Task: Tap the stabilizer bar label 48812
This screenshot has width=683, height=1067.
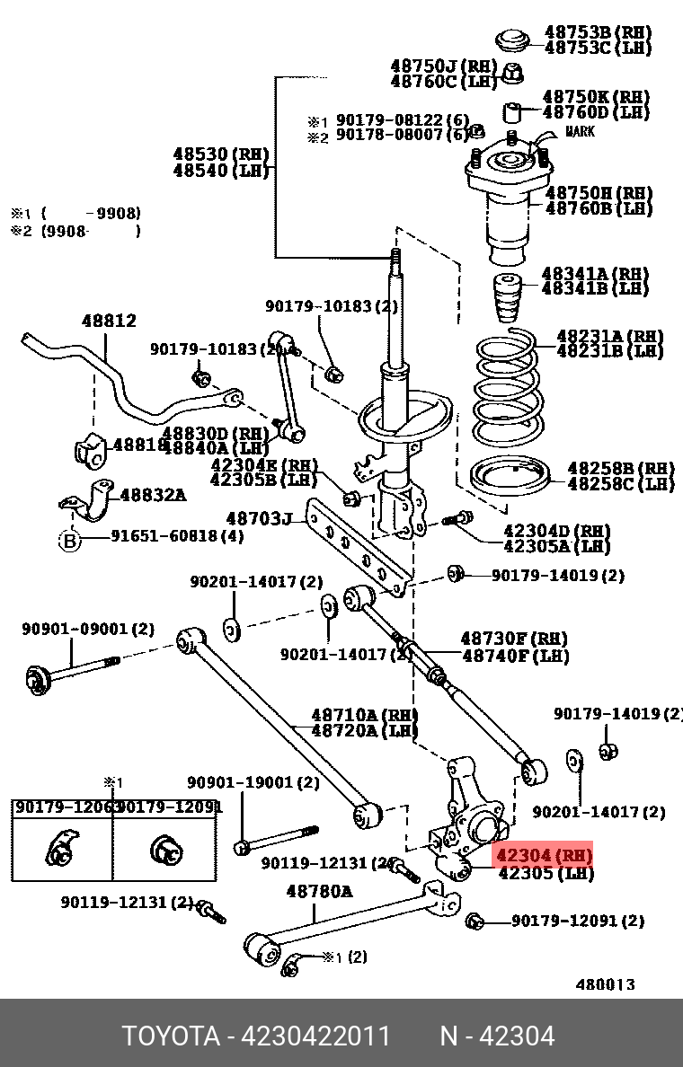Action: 109,321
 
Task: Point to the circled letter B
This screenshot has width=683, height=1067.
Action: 70,540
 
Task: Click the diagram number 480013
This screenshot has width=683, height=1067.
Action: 605,984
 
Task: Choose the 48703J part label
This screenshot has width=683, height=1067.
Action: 259,518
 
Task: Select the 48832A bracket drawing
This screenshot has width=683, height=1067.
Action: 90,500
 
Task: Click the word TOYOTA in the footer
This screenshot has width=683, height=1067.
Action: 171,1036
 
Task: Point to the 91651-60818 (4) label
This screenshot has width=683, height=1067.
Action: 177,536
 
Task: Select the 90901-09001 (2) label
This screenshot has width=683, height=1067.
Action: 88,630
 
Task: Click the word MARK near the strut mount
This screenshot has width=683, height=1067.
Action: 580,132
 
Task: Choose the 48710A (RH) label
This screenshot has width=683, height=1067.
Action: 364,715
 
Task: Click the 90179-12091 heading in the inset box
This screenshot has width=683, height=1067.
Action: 168,807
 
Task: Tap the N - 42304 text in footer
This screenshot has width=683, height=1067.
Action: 496,1036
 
